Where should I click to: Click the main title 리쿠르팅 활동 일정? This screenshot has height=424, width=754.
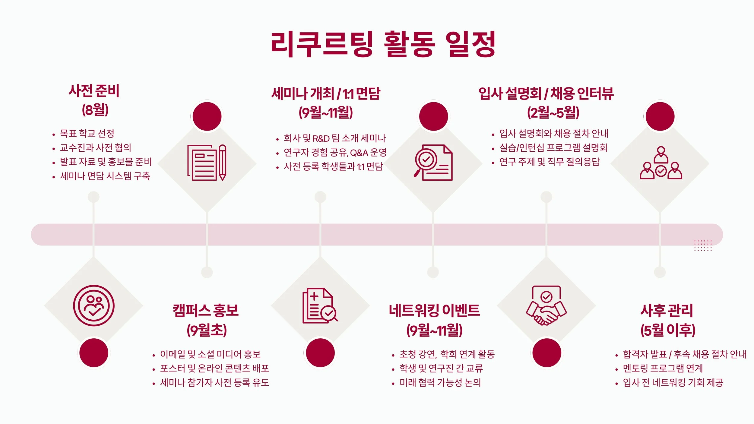coord(383,44)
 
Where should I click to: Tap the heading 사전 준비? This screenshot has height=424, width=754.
coord(94,91)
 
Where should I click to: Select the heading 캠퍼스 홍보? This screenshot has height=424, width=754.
coord(206,311)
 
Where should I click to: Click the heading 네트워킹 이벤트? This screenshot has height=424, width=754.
coord(434,311)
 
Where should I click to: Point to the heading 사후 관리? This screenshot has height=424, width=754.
coord(667,311)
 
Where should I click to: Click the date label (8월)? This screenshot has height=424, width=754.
coord(95,110)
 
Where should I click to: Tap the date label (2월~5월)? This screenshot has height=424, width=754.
coord(553,112)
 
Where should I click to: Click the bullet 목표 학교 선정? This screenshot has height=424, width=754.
coord(87,133)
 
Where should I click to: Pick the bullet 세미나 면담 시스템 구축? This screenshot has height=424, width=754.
coord(105,176)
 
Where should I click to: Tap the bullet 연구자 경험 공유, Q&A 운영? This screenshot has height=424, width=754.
coord(335,153)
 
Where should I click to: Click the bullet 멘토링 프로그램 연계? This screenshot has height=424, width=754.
coord(663,368)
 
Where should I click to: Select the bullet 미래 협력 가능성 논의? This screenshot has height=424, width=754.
coord(440,382)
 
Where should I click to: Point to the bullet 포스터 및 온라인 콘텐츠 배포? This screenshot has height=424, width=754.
coord(214,368)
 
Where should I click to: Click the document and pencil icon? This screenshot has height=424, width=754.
coord(207,163)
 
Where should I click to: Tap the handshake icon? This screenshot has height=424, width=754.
coord(546,305)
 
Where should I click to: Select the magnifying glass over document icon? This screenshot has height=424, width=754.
coord(433,163)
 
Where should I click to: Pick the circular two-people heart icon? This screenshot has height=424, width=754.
coord(94,305)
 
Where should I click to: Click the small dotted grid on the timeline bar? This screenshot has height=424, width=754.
coord(703,245)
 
